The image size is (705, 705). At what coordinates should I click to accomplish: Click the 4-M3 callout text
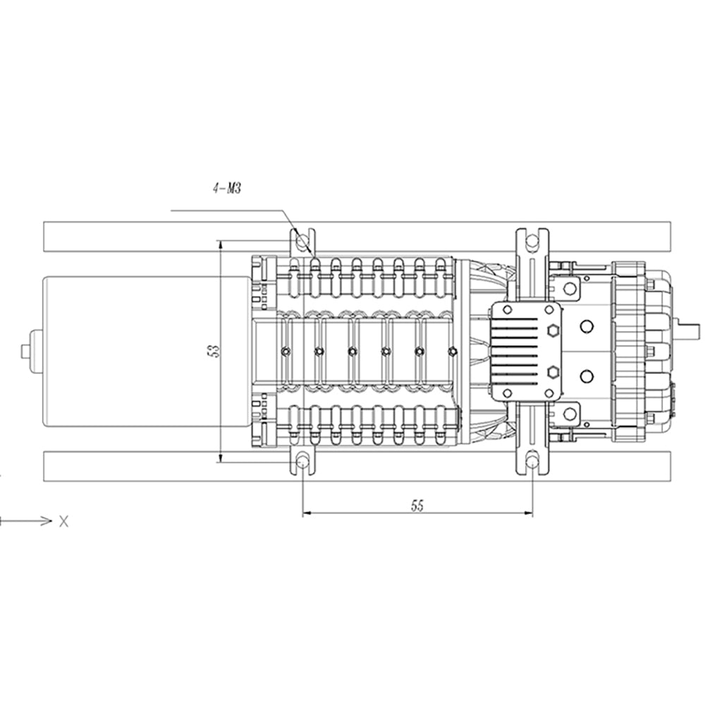[x=227, y=189]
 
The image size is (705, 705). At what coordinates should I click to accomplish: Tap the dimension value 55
[x=417, y=505]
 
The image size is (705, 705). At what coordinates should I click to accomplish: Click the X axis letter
[x=64, y=522]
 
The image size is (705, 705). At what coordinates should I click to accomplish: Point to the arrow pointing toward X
[x=28, y=521]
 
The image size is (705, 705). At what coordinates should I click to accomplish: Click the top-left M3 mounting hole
[x=303, y=241]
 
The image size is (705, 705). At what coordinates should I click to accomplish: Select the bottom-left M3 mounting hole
[x=303, y=462]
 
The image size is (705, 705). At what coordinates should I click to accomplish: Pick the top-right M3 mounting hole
[x=532, y=241]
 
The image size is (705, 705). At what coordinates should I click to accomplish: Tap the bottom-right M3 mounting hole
[x=532, y=462]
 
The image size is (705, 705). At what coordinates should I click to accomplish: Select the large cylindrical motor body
[x=141, y=350]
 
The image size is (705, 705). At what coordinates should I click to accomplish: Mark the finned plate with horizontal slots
[x=518, y=350]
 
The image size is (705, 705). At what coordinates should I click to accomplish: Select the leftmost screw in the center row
[x=285, y=351]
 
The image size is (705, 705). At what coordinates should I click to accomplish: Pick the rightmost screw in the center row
[x=453, y=351]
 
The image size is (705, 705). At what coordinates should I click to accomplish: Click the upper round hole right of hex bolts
[x=585, y=326]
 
